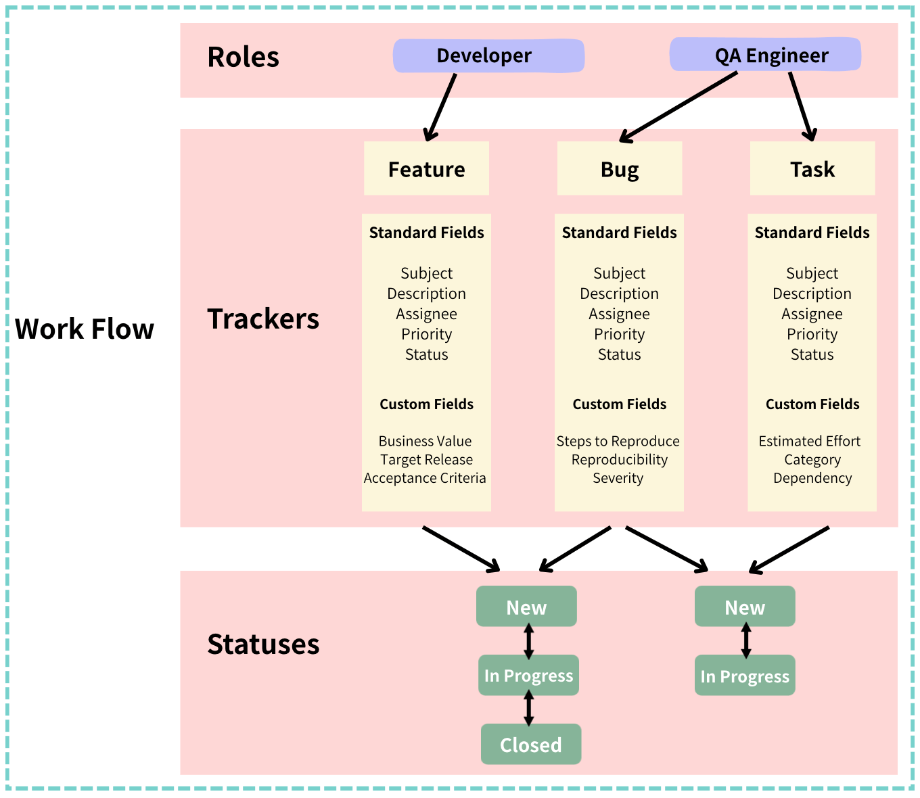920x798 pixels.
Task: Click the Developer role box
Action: tap(488, 55)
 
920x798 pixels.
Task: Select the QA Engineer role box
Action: tap(765, 55)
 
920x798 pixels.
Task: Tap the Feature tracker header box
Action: tap(426, 168)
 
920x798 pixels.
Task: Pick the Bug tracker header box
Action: tap(619, 168)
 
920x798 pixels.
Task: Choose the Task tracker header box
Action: tap(812, 168)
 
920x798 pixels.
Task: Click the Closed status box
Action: tap(530, 744)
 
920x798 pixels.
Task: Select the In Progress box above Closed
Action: tap(528, 675)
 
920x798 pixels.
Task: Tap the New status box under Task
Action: tap(744, 607)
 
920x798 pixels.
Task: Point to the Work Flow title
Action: tap(85, 329)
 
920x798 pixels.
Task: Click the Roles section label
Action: tap(243, 57)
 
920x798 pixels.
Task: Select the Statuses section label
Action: tap(263, 644)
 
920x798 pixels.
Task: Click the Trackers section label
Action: tap(263, 319)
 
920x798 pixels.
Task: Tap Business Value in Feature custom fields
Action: tap(425, 441)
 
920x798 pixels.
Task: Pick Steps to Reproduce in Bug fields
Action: tap(618, 441)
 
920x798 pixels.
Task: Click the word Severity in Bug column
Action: tap(618, 478)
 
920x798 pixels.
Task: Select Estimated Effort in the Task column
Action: tap(809, 441)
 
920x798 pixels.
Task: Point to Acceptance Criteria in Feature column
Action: tap(425, 478)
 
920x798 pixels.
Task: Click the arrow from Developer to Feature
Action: tap(441, 107)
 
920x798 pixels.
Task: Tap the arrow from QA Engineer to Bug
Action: tap(678, 107)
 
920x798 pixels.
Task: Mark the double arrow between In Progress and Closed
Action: tap(529, 709)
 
